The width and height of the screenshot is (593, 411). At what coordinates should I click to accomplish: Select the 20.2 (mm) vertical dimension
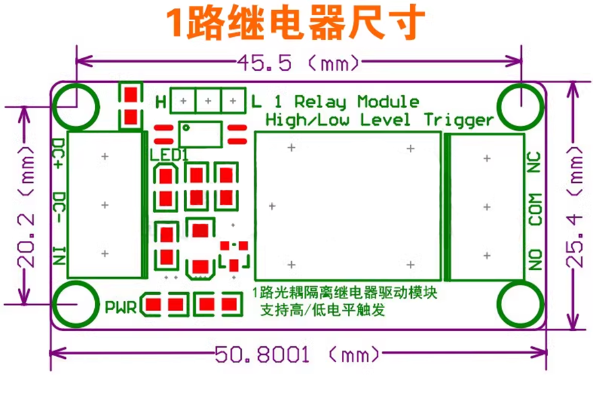pyautogui.click(x=26, y=205)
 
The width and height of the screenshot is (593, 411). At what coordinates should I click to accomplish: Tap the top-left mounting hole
pyautogui.click(x=75, y=106)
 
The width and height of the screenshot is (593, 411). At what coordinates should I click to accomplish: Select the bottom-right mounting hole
pyautogui.click(x=522, y=305)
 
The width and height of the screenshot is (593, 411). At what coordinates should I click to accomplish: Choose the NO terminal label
pyautogui.click(x=535, y=259)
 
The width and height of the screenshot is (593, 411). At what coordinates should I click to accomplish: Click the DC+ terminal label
pyautogui.click(x=59, y=155)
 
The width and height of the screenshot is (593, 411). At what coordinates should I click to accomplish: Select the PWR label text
pyautogui.click(x=121, y=307)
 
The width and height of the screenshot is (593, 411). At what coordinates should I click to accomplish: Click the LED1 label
pyautogui.click(x=169, y=155)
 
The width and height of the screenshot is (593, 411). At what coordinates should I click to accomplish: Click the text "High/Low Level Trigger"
pyautogui.click(x=379, y=120)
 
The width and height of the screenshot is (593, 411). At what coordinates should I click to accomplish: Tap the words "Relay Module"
pyautogui.click(x=356, y=102)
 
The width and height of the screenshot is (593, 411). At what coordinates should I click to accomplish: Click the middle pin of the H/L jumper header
pyautogui.click(x=208, y=101)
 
